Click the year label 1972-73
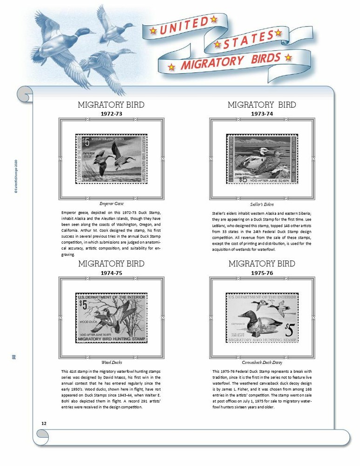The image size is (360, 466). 111,113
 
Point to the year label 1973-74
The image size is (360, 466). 262,113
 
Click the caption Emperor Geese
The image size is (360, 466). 111,204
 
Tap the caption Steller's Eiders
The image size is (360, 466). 262,204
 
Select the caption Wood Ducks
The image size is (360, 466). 111,362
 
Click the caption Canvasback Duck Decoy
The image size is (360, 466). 262,362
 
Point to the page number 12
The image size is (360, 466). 44,423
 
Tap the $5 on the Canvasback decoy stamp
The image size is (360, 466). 290,329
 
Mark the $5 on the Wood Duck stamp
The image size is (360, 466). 83,304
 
